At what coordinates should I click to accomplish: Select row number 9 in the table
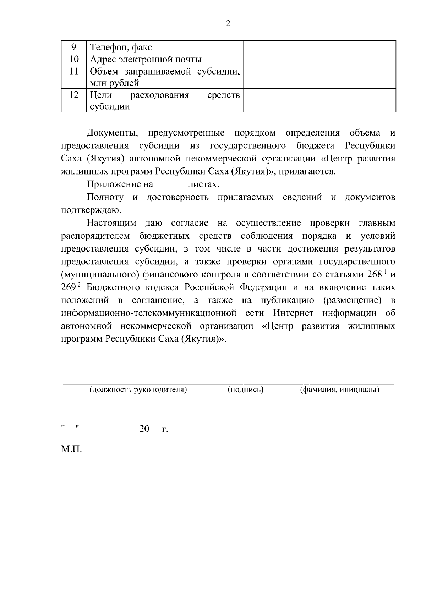73,47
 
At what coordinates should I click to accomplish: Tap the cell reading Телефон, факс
121,47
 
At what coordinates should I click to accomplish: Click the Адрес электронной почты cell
146,59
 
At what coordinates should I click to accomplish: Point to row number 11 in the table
73,71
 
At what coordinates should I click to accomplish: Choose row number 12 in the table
73,95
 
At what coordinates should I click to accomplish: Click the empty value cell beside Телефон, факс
319,47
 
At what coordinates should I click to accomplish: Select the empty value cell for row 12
319,100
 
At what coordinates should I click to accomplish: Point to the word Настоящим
111,223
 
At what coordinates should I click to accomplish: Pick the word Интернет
293,313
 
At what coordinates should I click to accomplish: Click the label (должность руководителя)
138,390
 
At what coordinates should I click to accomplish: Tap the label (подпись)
245,390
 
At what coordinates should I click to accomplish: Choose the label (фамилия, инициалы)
339,390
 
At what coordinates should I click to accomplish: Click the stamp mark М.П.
71,450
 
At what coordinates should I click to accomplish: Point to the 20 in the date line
144,429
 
